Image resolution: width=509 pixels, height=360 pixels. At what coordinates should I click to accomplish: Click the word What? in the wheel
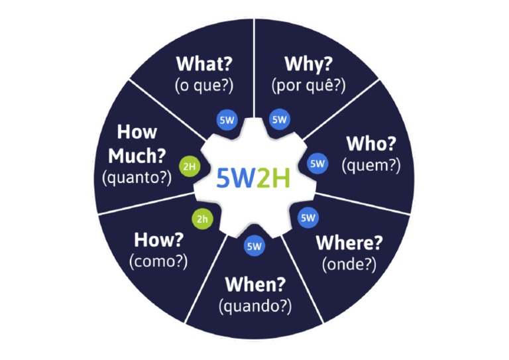(204, 64)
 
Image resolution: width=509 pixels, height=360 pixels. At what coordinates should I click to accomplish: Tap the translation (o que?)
(204, 86)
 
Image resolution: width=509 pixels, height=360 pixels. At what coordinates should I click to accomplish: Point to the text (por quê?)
(308, 86)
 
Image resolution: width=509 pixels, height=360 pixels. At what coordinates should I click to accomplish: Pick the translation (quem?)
(371, 166)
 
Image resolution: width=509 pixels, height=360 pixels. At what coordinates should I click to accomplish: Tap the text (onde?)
(349, 264)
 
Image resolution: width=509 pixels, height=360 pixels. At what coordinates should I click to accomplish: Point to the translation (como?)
(158, 261)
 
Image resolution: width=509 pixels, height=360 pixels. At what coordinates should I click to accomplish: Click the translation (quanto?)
(137, 177)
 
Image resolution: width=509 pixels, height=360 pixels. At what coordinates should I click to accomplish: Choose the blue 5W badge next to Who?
(318, 162)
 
